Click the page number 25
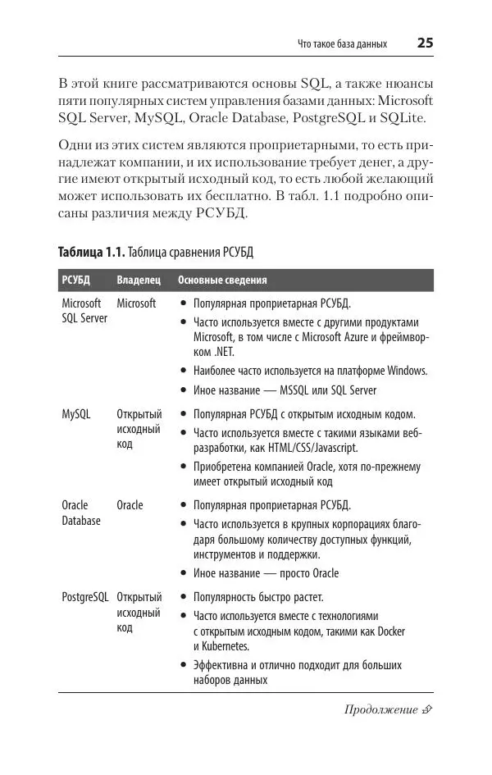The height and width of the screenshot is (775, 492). tap(425, 43)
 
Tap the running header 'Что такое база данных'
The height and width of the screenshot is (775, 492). tap(342, 44)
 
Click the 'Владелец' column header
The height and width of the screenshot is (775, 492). tap(138, 280)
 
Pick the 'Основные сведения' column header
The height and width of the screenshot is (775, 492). tap(222, 280)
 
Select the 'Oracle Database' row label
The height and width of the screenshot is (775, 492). tap(81, 513)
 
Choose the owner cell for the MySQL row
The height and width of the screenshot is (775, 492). tap(139, 429)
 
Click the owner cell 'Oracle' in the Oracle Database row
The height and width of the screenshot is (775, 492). tap(130, 505)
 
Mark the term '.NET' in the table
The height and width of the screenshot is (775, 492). tap(225, 352)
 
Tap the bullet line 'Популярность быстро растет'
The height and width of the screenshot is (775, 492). tap(258, 596)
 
